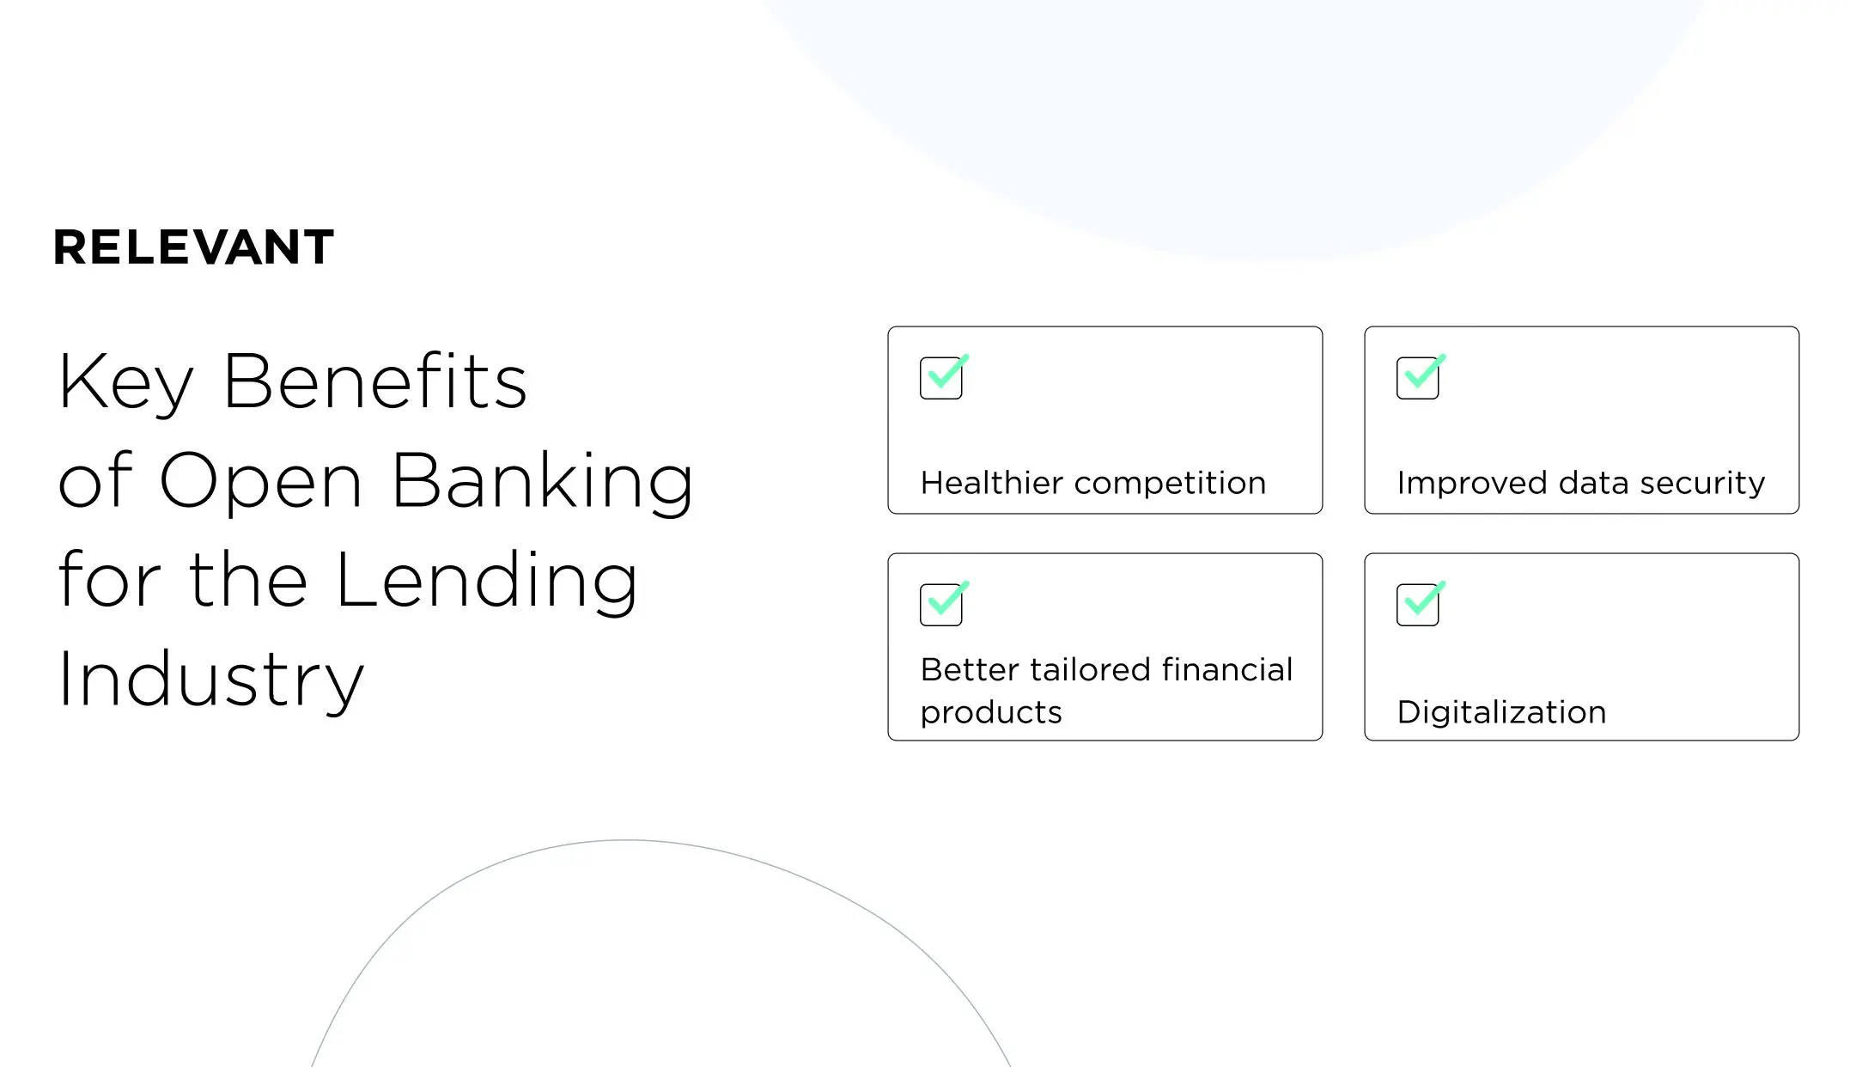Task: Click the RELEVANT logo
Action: pyautogui.click(x=193, y=247)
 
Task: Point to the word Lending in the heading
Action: pyautogui.click(x=486, y=582)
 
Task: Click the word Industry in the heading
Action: pyautogui.click(x=211, y=680)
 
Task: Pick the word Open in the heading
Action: pyautogui.click(x=261, y=483)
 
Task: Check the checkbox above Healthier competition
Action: pyautogui.click(x=941, y=378)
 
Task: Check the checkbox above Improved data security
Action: pyautogui.click(x=1418, y=378)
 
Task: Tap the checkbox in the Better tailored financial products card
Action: pyautogui.click(x=941, y=605)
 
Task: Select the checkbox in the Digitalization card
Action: pyautogui.click(x=1418, y=605)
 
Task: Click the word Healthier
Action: pyautogui.click(x=991, y=483)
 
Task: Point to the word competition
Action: pyautogui.click(x=1170, y=484)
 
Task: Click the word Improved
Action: pyautogui.click(x=1472, y=484)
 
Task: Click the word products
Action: pyautogui.click(x=991, y=713)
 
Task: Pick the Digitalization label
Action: pyautogui.click(x=1501, y=713)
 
